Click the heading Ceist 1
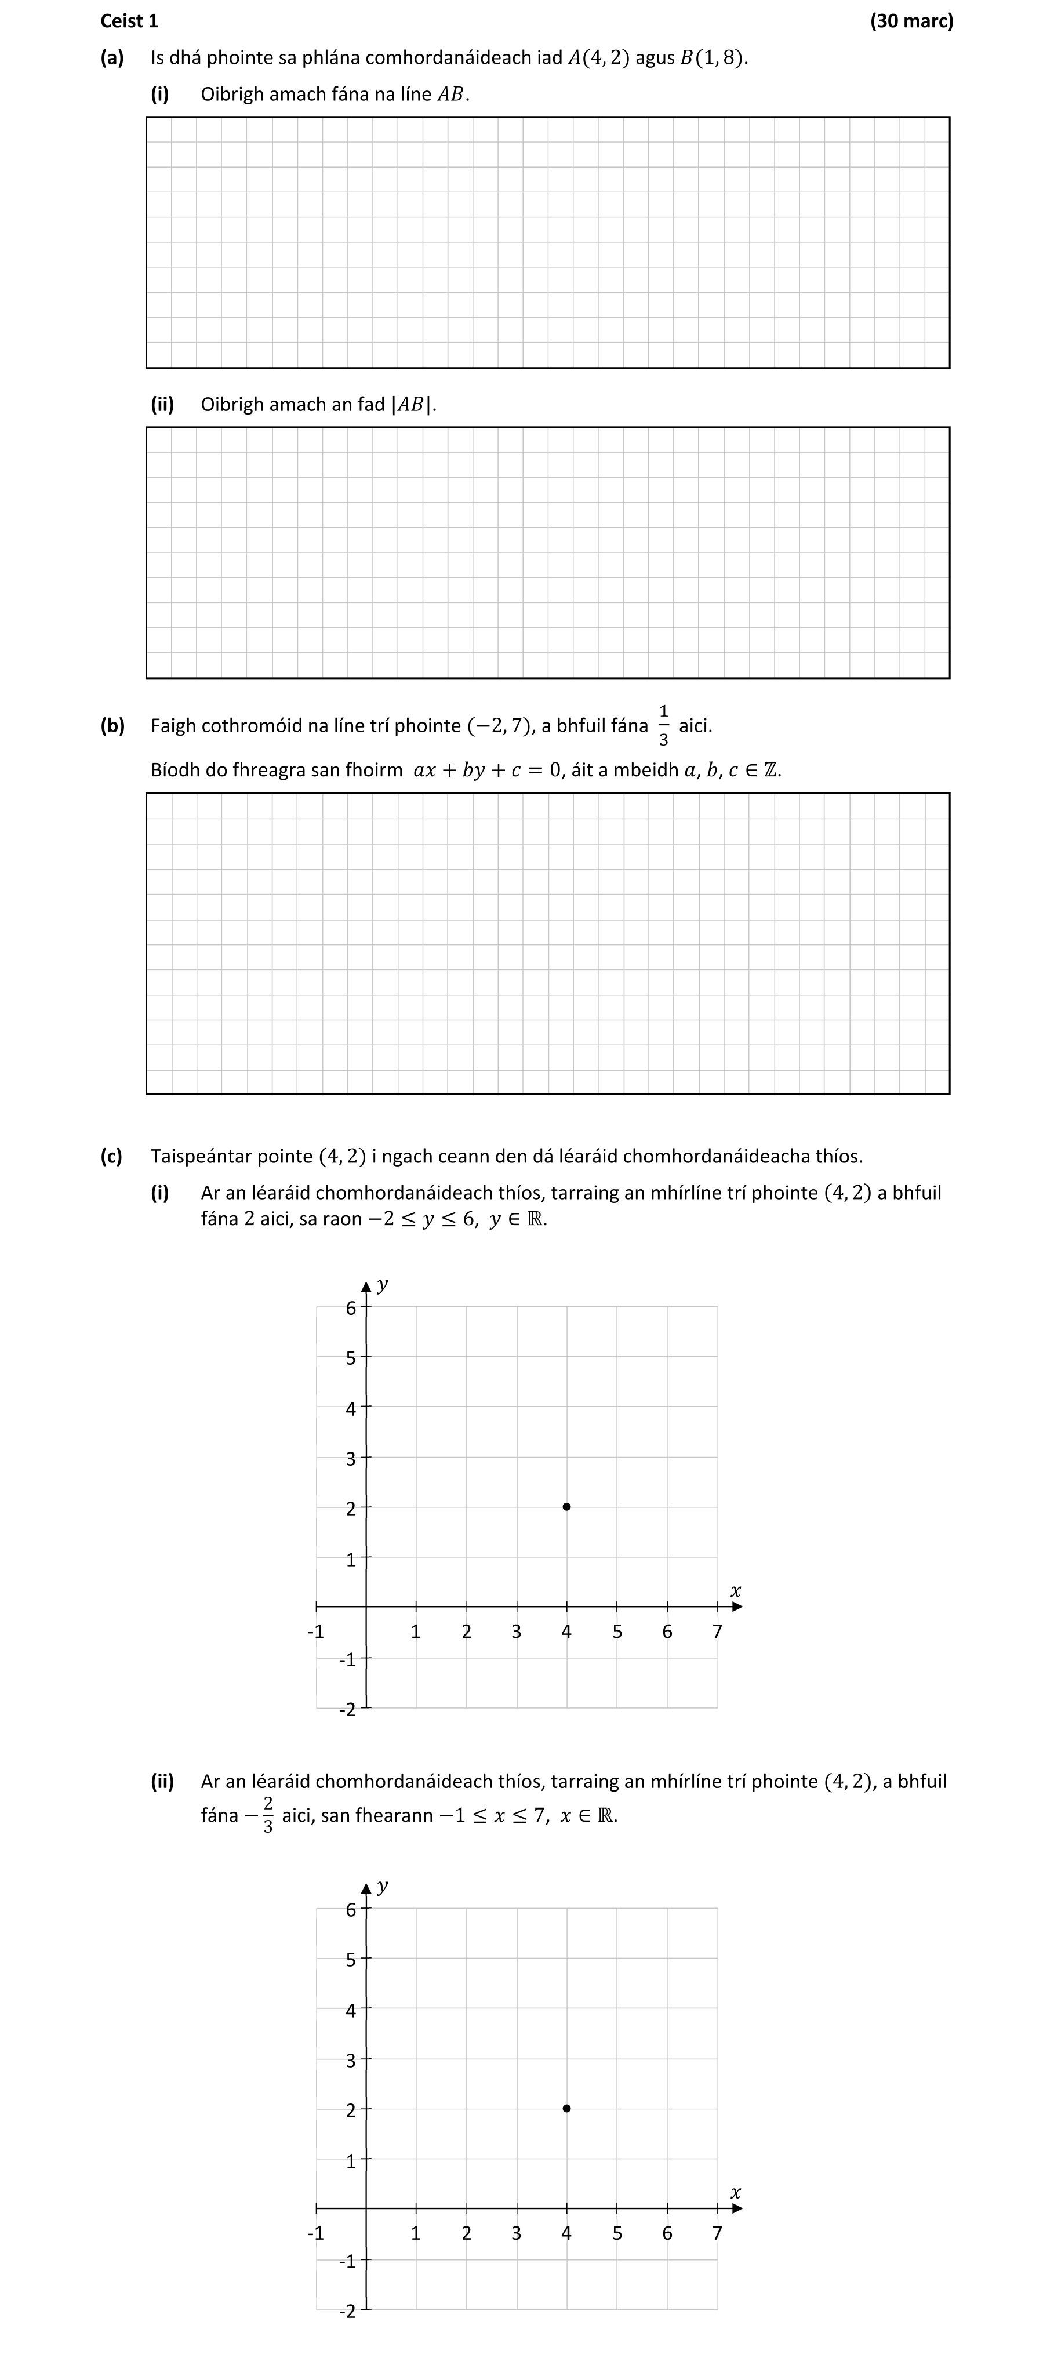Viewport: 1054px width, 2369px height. coord(129,20)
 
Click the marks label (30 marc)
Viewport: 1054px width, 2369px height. coord(911,20)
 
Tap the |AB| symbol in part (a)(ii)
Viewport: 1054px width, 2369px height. coord(412,405)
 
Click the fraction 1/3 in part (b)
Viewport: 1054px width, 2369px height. coord(663,725)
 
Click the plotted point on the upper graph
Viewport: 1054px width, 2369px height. coord(566,1506)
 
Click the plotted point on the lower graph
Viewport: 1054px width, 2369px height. coord(566,2108)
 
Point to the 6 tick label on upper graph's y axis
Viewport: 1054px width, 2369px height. coord(350,1308)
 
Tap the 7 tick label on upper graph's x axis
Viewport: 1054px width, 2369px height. coord(717,1632)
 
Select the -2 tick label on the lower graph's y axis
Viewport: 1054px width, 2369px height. coord(347,2311)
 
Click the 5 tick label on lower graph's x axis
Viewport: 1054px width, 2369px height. coord(617,2233)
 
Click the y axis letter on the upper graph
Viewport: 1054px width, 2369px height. coord(383,1285)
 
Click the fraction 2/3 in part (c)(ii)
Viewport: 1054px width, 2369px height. coord(268,1815)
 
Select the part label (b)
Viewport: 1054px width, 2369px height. coord(112,725)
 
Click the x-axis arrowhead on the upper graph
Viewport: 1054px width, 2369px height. coord(737,1607)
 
